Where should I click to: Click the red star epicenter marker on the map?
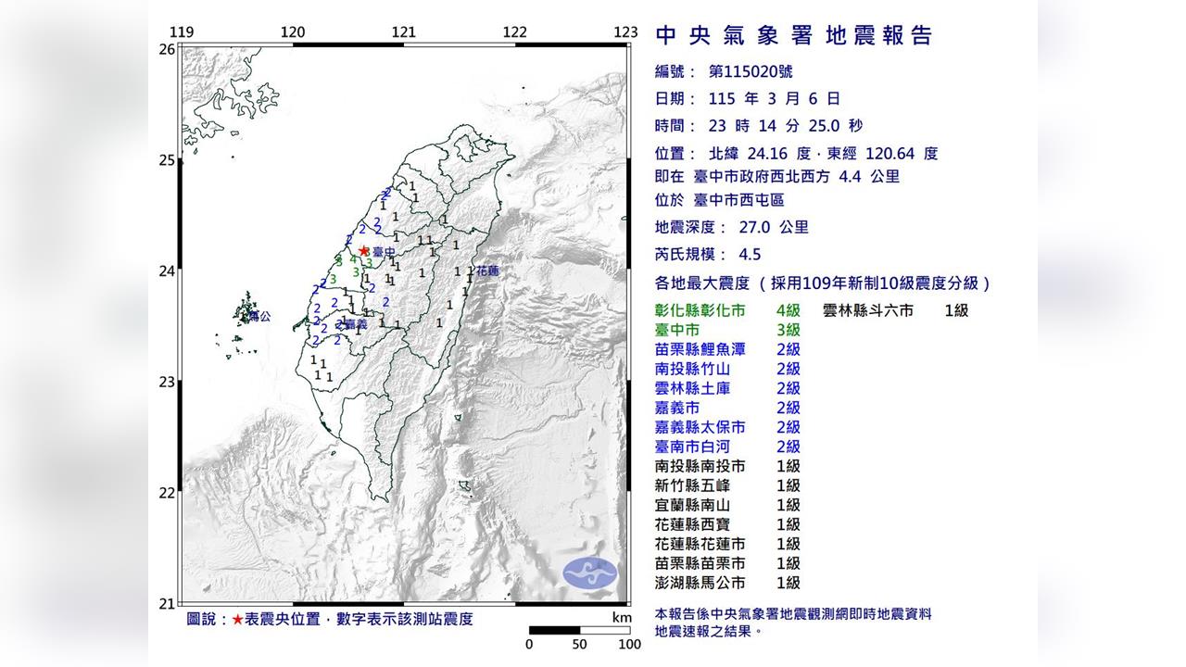[x=364, y=250]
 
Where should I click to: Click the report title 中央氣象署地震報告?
[x=793, y=36]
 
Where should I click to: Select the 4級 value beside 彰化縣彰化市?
[x=788, y=310]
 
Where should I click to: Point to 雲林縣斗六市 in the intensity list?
[x=867, y=310]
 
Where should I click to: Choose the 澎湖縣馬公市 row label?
[x=700, y=583]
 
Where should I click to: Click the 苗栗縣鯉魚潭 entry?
[x=700, y=349]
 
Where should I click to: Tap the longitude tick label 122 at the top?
[x=514, y=32]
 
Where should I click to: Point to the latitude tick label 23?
[x=167, y=382]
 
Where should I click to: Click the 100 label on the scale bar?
[x=629, y=644]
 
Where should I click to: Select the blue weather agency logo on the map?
[x=589, y=572]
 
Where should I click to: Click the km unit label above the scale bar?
[x=622, y=617]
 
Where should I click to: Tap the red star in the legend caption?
[x=238, y=619]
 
